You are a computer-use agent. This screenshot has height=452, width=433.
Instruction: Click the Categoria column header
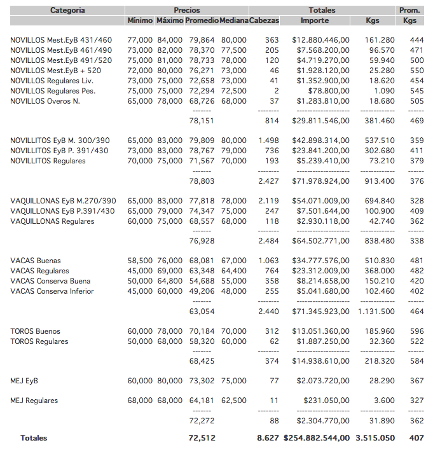pyautogui.click(x=67, y=10)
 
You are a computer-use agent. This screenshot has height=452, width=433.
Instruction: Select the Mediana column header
pyautogui.click(x=234, y=21)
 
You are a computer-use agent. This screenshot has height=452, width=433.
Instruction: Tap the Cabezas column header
pyautogui.click(x=264, y=21)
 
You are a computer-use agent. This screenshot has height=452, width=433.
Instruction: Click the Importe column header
pyautogui.click(x=315, y=21)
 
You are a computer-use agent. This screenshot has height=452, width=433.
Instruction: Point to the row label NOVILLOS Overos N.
pyautogui.click(x=45, y=101)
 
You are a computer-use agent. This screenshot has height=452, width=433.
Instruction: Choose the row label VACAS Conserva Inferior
pyautogui.click(x=52, y=291)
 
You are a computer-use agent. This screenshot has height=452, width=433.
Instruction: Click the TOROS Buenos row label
pyautogui.click(x=36, y=331)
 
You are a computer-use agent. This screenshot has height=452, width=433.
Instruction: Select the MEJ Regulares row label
pyautogui.click(x=34, y=401)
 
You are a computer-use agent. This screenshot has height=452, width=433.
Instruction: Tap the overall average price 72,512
pyautogui.click(x=202, y=438)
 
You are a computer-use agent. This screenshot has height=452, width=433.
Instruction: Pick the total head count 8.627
pyautogui.click(x=268, y=438)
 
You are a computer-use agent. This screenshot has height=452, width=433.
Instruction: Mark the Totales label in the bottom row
pyautogui.click(x=34, y=438)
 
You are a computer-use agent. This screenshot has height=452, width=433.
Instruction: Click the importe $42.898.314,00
pyautogui.click(x=321, y=140)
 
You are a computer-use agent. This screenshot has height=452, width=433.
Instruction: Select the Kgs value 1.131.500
pyautogui.click(x=376, y=312)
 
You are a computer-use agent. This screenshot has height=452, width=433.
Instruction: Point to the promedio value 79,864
pyautogui.click(x=202, y=40)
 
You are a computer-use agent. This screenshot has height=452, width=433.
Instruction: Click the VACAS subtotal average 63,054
pyautogui.click(x=202, y=312)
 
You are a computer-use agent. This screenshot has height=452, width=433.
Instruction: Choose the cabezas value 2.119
pyautogui.click(x=268, y=201)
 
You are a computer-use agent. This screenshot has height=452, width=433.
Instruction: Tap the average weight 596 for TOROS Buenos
pyautogui.click(x=416, y=331)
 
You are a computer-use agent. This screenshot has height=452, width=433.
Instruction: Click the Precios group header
pyautogui.click(x=187, y=10)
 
